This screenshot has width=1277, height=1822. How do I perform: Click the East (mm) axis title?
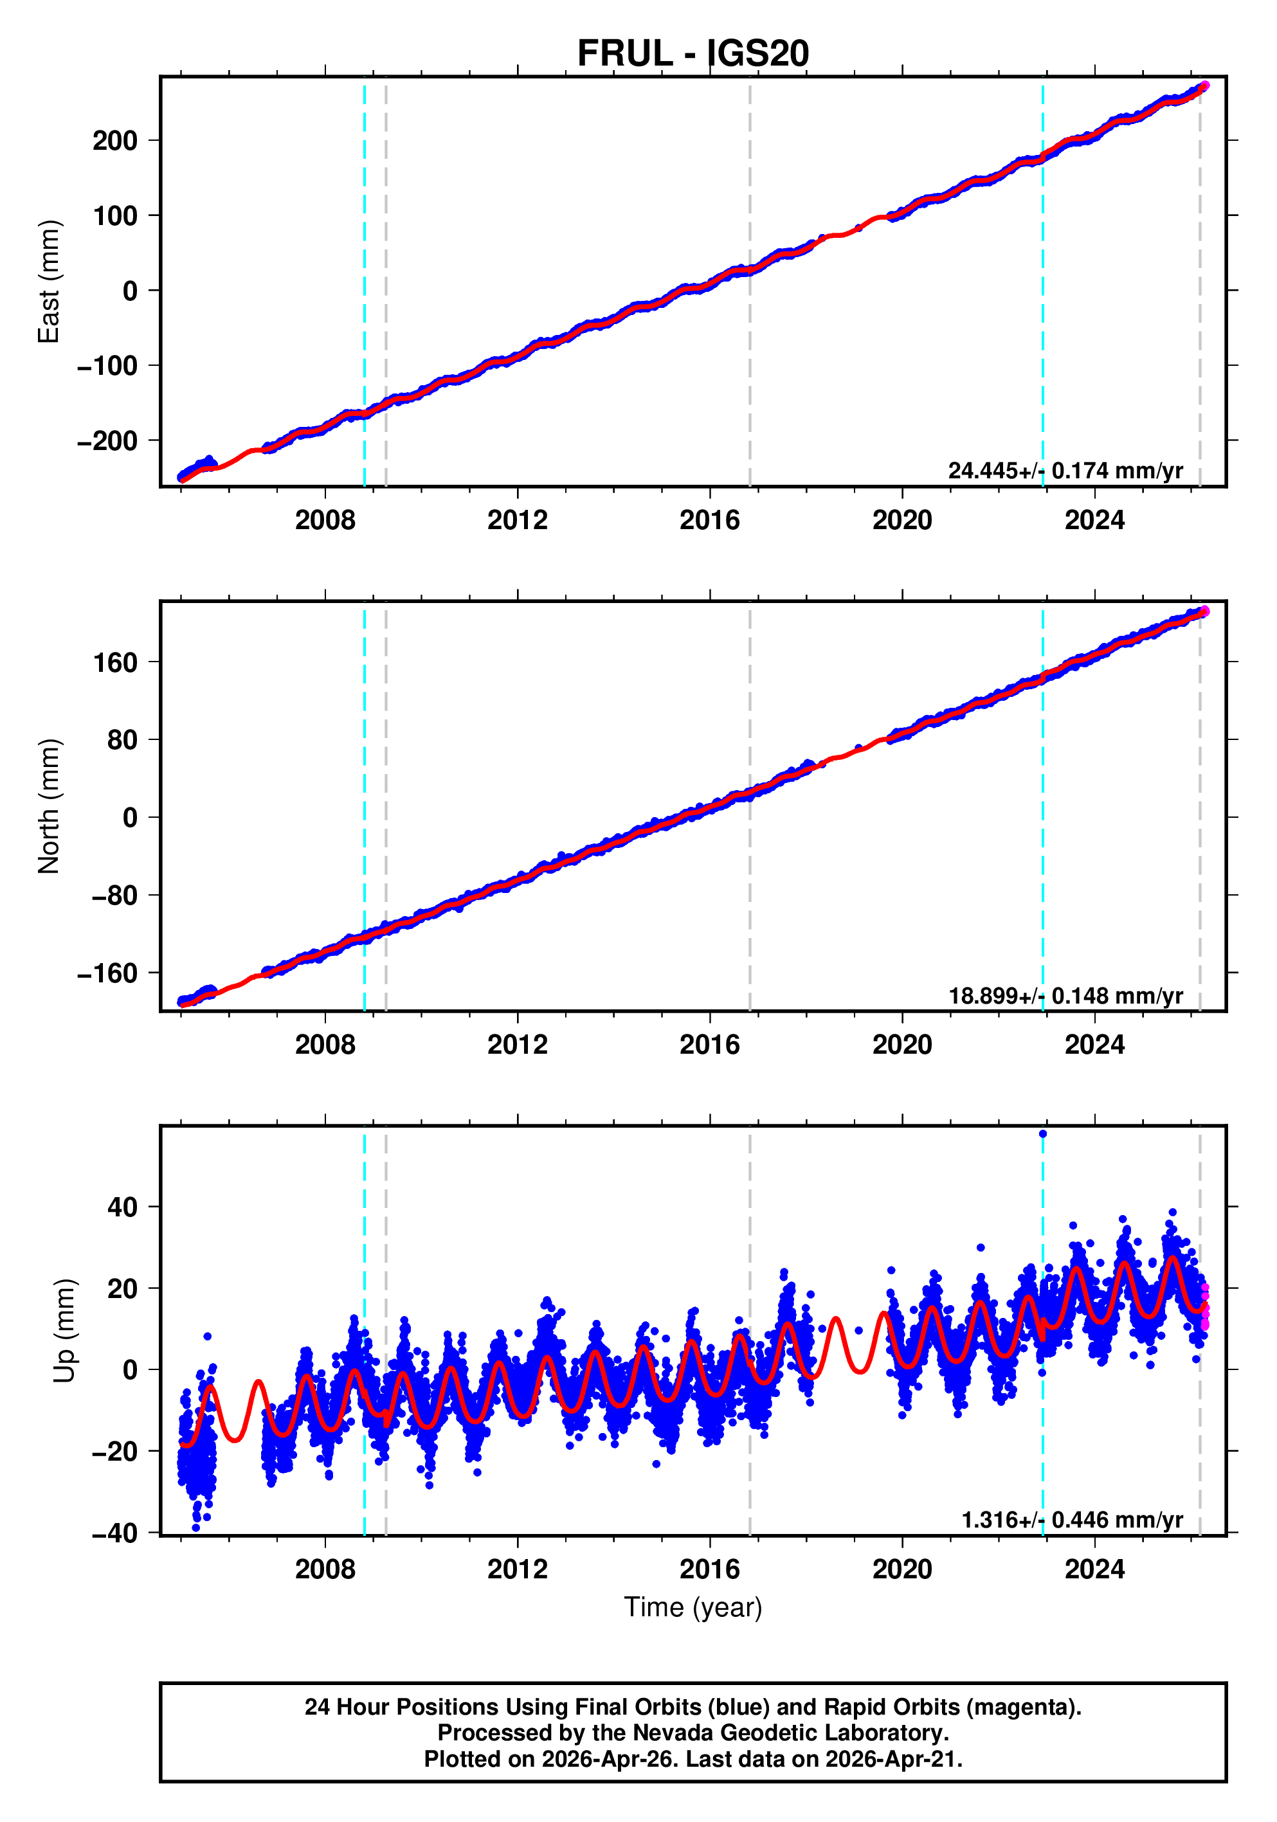click(x=48, y=282)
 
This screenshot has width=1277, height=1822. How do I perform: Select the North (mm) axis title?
click(x=48, y=806)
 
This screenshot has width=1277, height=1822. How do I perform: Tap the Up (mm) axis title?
click(x=64, y=1331)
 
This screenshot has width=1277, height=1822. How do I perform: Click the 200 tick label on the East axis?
click(x=115, y=141)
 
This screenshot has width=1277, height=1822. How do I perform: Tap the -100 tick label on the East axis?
click(x=107, y=366)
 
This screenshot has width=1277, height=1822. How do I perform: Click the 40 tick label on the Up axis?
click(x=122, y=1208)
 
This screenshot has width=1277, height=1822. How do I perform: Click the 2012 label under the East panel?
click(x=518, y=521)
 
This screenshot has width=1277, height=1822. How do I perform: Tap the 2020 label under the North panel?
click(x=901, y=1045)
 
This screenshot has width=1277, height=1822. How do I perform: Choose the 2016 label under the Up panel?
click(x=709, y=1569)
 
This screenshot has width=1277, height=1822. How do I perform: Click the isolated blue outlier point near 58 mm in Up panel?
click(x=1043, y=1134)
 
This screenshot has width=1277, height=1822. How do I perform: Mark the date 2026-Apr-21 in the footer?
click(x=891, y=1759)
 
